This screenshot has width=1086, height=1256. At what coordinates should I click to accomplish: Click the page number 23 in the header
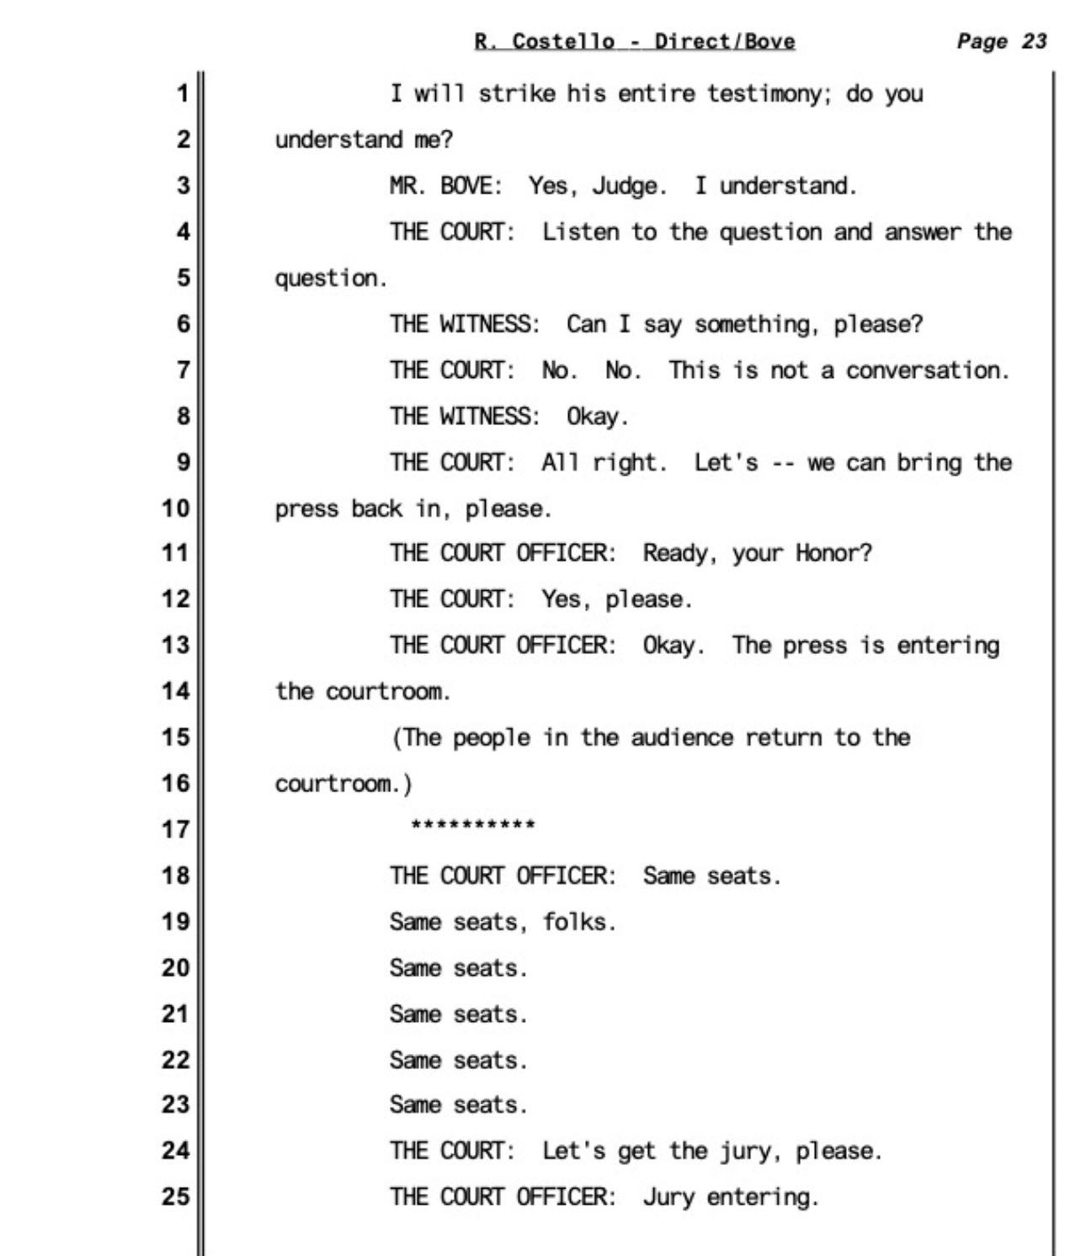pos(1034,41)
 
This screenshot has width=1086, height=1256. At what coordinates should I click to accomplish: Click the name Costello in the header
pos(562,41)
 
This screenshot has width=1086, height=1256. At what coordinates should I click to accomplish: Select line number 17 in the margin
pos(175,829)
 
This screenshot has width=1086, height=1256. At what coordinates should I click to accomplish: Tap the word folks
pos(578,922)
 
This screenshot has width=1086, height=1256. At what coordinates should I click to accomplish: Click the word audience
pos(682,737)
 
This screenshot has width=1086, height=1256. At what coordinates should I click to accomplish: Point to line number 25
pos(175,1196)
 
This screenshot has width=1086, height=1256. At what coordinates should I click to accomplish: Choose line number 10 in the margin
pos(175,508)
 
